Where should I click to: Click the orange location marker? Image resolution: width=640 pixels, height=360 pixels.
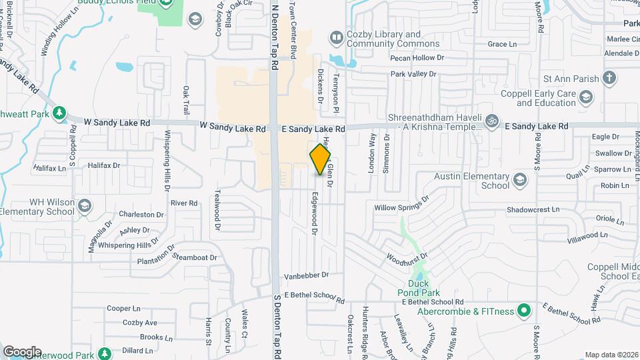tap(321, 159)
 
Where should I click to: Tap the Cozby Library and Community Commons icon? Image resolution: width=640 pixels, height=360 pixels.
tap(336, 37)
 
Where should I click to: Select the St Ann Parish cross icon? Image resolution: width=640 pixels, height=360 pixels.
tap(609, 78)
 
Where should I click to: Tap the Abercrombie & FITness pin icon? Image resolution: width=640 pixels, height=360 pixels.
tap(524, 311)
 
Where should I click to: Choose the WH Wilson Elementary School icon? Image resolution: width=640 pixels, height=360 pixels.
tap(84, 207)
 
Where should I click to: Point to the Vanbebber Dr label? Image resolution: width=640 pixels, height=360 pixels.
tap(307, 275)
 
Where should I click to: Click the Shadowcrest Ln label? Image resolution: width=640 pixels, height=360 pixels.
tap(533, 209)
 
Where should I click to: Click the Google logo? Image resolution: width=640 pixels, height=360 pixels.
tap(22, 351)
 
